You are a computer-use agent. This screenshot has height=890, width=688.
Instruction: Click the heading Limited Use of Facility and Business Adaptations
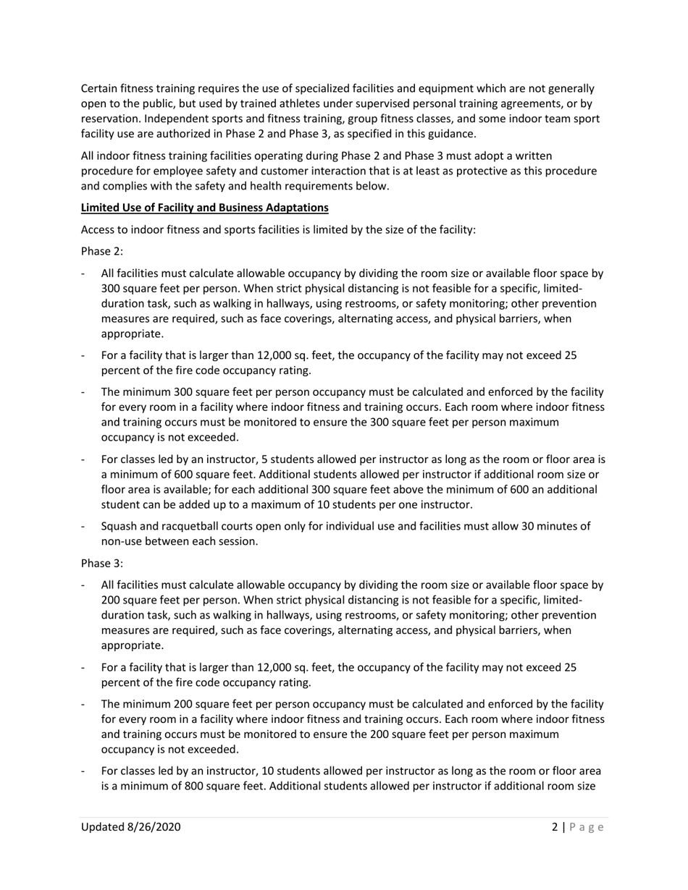[204, 208]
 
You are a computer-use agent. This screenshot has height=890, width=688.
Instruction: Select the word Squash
[120, 526]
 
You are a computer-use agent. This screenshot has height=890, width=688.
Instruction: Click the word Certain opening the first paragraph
[100, 89]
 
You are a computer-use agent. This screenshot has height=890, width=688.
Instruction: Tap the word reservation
[111, 119]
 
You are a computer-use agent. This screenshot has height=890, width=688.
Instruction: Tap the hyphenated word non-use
[124, 541]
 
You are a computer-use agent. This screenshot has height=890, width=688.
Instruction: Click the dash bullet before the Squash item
[84, 526]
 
